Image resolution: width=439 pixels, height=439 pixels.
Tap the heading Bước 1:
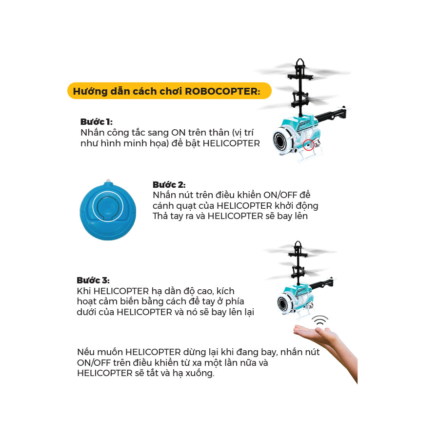[96, 121]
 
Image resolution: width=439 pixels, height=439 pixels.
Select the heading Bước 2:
[169, 184]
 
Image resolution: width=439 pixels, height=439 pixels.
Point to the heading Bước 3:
[93, 280]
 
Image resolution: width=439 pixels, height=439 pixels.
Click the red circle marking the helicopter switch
[308, 145]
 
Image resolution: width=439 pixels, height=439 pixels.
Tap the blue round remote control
[108, 210]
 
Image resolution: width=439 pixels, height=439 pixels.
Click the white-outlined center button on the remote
[108, 207]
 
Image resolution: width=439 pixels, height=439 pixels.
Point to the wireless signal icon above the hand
[320, 321]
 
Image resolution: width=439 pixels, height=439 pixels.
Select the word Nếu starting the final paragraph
[86, 352]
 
